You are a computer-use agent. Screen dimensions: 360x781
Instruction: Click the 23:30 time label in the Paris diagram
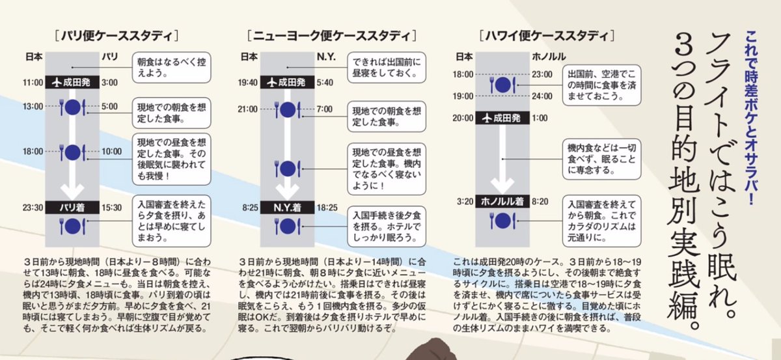(33, 208)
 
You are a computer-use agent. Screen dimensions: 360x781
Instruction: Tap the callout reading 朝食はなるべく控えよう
(171, 67)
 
